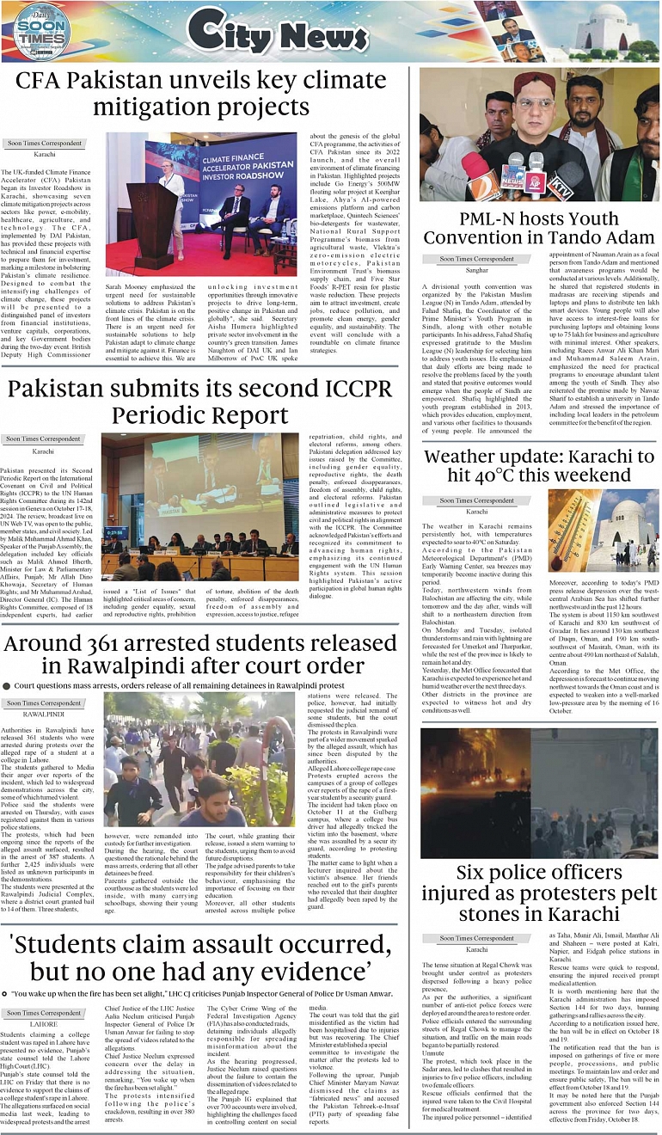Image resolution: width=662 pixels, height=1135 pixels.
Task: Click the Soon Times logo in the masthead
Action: pos(40,33)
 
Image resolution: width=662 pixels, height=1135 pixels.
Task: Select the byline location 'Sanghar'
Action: pos(476,270)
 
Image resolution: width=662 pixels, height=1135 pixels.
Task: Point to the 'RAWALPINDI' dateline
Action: pos(44,714)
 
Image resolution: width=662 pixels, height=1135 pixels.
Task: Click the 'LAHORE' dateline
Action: pos(44,1024)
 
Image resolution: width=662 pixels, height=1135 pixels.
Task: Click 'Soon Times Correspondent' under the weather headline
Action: pos(476,500)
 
